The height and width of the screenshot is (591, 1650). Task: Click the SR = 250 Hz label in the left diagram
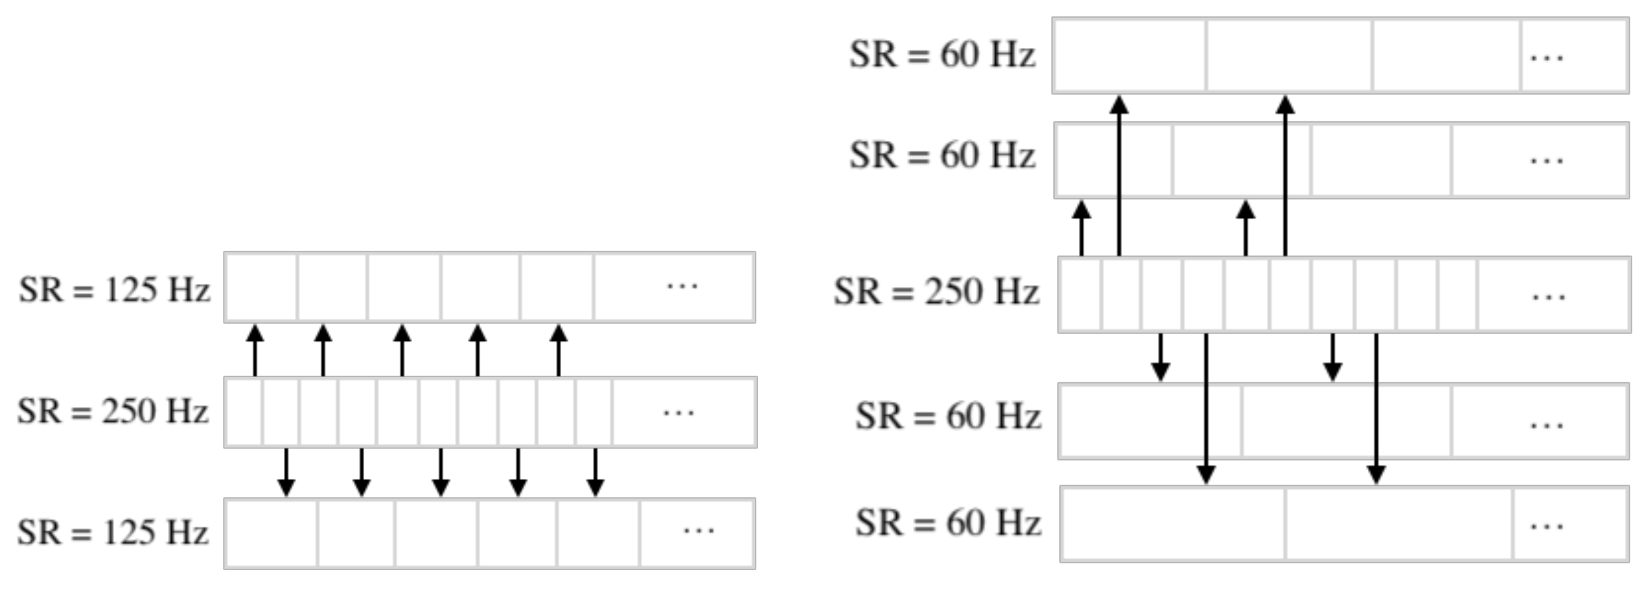[113, 411]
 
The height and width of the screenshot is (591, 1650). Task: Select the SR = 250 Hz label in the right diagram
[936, 292]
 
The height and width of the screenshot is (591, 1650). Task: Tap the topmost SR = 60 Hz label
[941, 54]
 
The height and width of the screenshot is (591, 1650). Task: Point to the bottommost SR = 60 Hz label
[948, 523]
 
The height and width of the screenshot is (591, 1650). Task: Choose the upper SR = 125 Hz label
[114, 290]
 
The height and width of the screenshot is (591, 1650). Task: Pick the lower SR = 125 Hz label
[113, 533]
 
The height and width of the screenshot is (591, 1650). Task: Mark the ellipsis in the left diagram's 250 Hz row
[678, 413]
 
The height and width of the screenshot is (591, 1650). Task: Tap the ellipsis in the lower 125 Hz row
[698, 530]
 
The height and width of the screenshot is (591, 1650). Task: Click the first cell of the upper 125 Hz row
[261, 288]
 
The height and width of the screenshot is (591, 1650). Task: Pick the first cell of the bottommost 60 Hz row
[1172, 524]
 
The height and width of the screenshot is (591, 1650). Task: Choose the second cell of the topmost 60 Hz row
[1289, 56]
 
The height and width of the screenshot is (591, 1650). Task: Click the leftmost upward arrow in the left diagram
[255, 350]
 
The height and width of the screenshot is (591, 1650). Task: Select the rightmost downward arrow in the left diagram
[596, 473]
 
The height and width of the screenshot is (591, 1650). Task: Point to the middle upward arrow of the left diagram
[402, 350]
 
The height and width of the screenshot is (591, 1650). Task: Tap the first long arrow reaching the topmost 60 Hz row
[1119, 176]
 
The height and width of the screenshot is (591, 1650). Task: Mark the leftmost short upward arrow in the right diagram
[1081, 228]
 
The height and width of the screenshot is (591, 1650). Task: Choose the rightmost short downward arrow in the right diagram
[1333, 357]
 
